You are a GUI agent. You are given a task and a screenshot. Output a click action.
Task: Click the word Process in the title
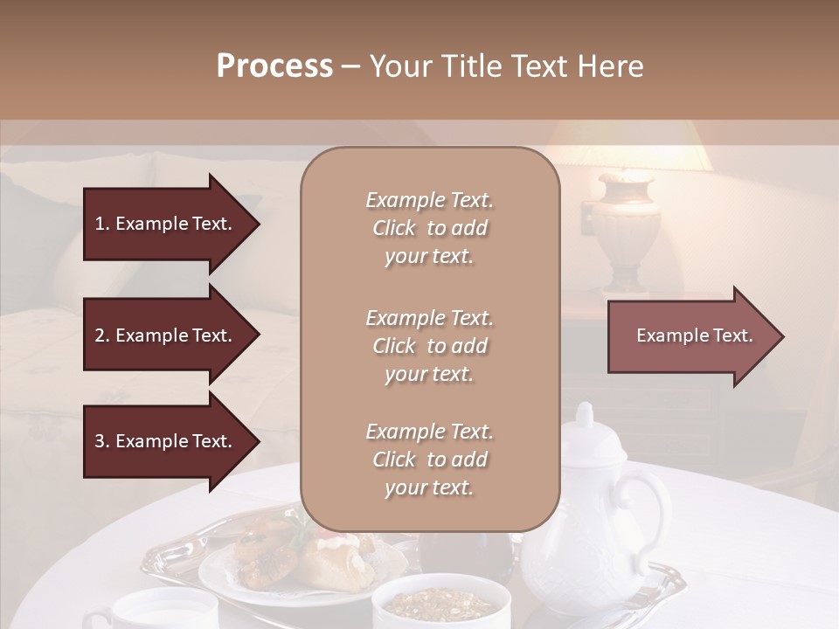(274, 66)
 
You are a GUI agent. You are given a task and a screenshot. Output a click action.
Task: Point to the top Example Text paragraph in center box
(429, 228)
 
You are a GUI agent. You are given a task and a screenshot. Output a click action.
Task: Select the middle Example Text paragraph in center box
(429, 346)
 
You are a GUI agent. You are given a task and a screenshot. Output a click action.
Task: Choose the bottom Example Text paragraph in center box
(429, 460)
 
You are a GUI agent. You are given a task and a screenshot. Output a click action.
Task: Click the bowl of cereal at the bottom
(441, 603)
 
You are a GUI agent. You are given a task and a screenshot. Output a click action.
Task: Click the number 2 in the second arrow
(100, 335)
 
